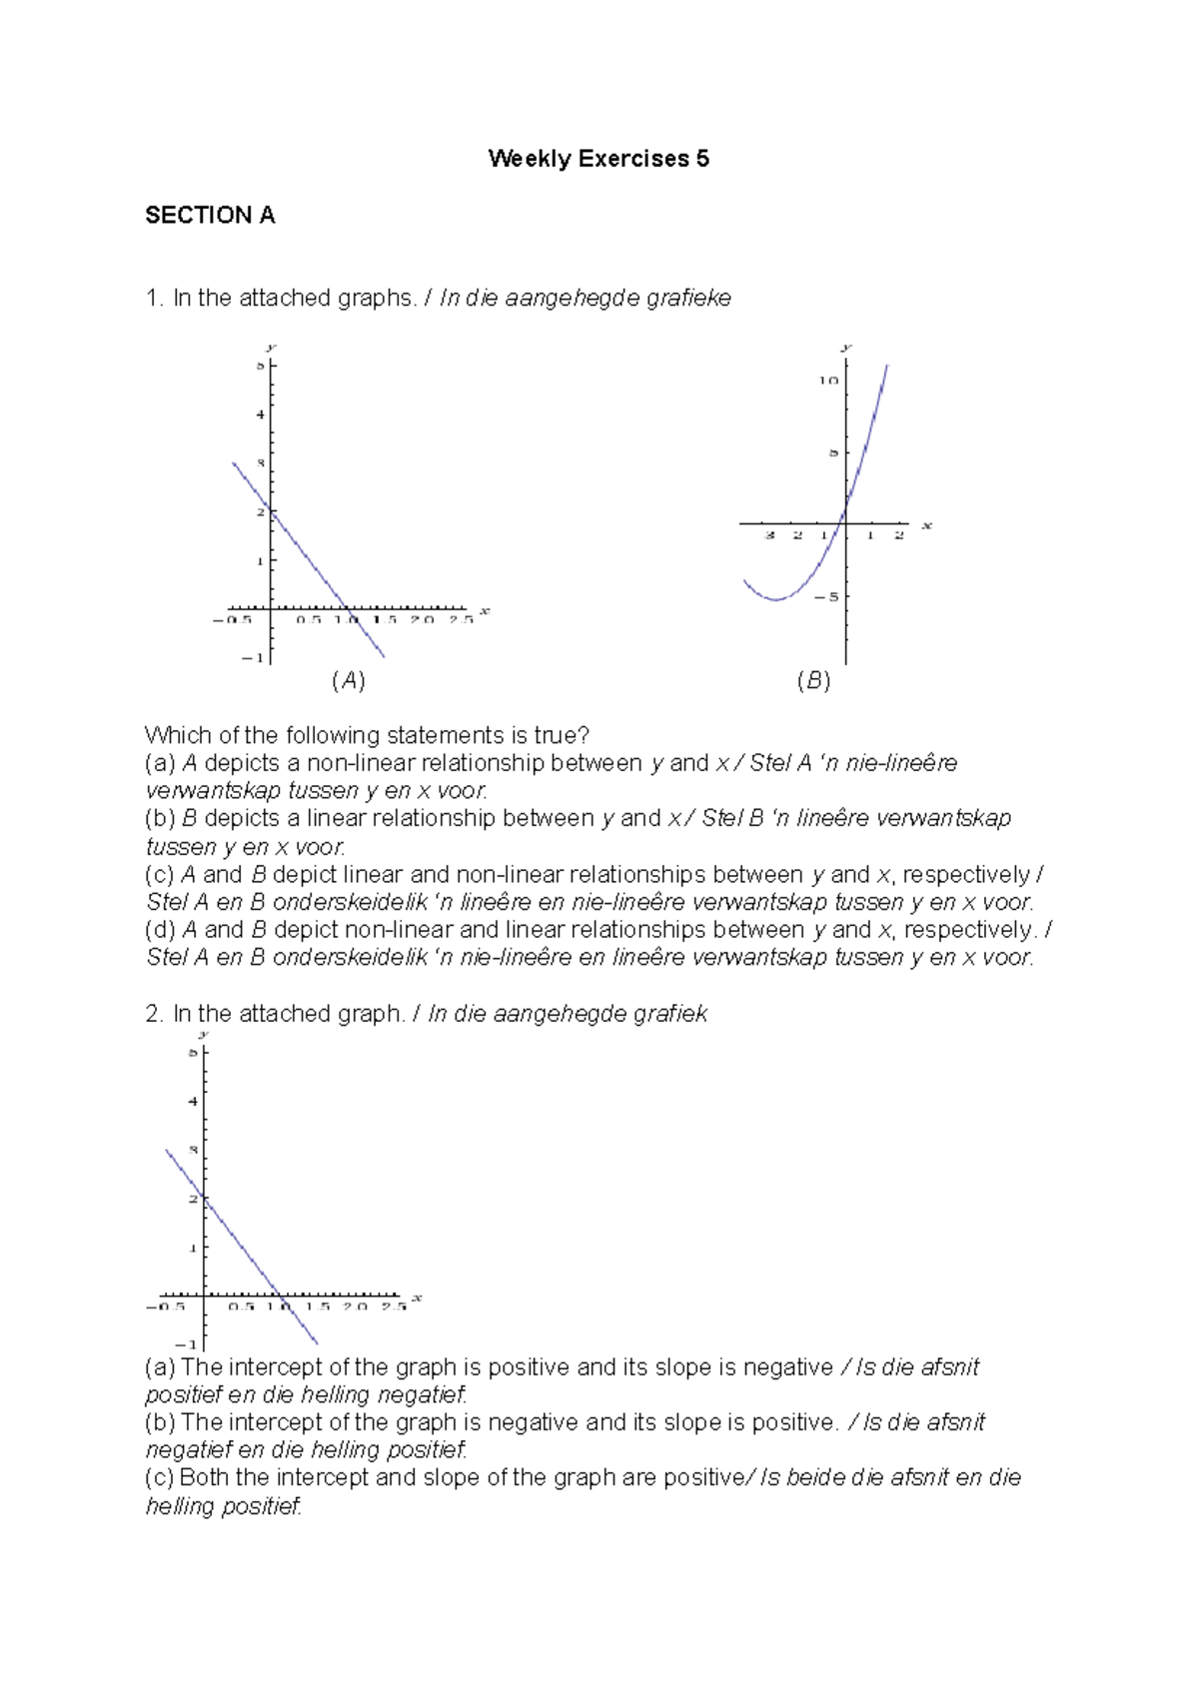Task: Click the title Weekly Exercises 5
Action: pos(599,159)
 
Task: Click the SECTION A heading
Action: pos(210,216)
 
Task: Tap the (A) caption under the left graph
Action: pos(348,681)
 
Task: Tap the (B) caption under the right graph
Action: pos(813,681)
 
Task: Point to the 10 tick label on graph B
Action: pos(828,381)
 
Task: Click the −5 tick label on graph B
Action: pos(827,597)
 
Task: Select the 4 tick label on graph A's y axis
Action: pos(260,415)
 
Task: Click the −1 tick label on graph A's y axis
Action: pos(254,657)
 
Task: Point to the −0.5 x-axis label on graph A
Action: pos(233,620)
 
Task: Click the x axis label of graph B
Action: pos(926,525)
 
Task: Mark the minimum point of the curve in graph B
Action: pos(775,599)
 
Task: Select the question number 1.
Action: pos(153,299)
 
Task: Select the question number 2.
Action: pos(153,1014)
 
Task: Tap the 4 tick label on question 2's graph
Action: pos(193,1102)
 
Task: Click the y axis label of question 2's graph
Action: pos(203,1035)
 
